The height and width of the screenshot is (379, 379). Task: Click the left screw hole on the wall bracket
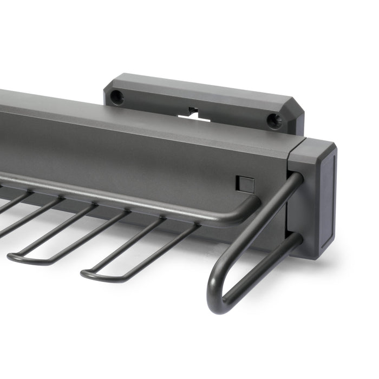[115, 97]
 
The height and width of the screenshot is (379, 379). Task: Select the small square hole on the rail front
[244, 184]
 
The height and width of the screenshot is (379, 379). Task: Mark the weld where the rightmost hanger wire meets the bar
[192, 223]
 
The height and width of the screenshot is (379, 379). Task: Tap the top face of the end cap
[314, 145]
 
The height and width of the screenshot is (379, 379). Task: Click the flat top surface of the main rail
[135, 114]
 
